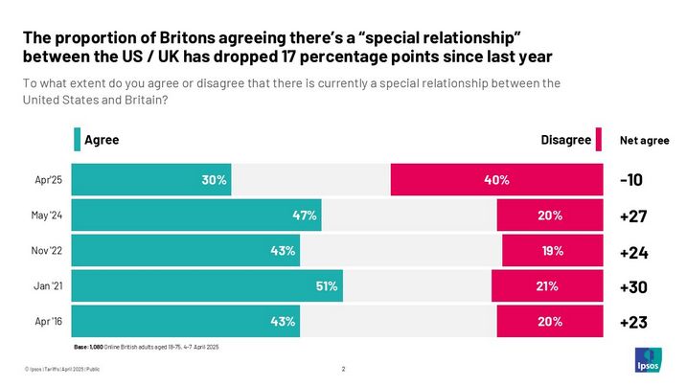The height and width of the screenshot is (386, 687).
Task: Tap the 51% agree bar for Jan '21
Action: (206, 285)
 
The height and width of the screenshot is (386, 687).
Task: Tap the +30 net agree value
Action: (633, 285)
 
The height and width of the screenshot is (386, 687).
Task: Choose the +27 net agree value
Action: (633, 216)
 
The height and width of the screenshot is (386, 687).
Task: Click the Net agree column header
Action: (645, 141)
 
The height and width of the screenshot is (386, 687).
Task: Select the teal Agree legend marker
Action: (78, 140)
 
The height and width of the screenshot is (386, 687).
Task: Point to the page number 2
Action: (343, 369)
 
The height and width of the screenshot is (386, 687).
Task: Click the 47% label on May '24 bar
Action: (305, 216)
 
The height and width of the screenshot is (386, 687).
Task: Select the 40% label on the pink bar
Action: (495, 180)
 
